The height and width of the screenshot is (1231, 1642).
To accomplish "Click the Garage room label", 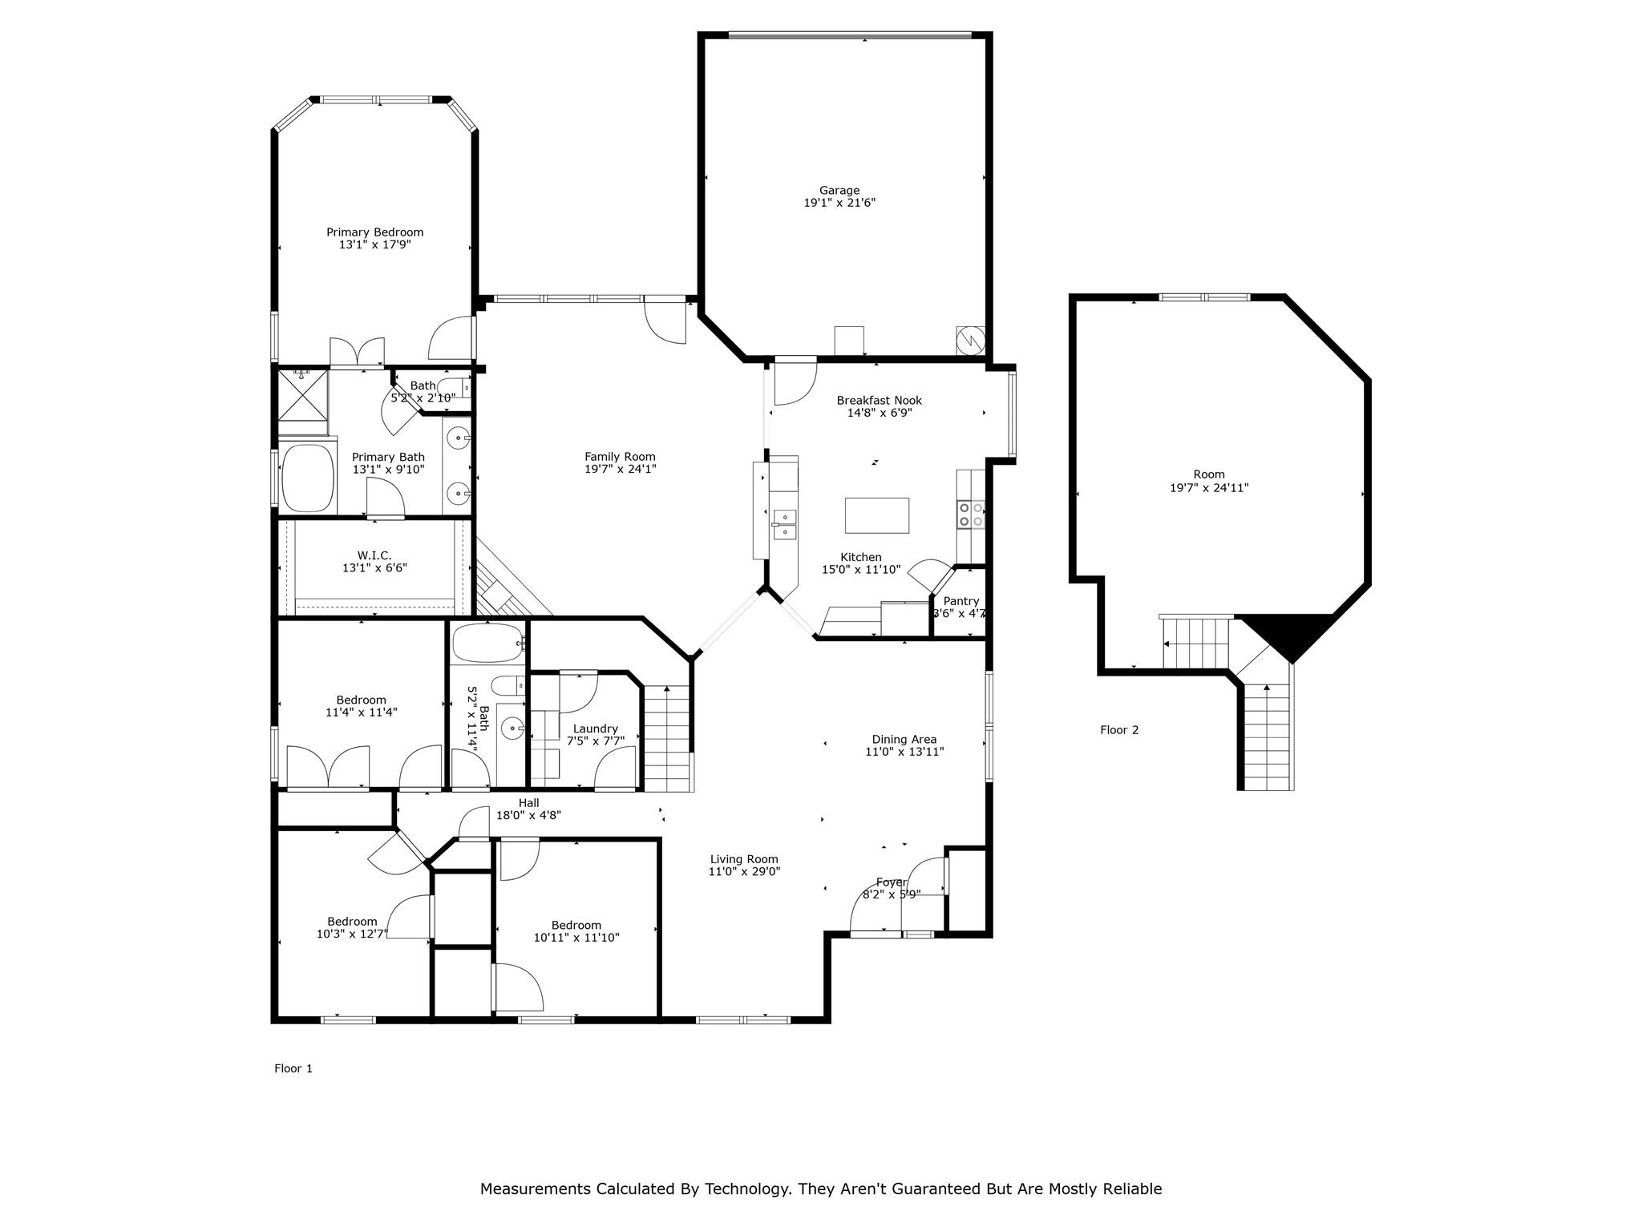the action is [839, 191].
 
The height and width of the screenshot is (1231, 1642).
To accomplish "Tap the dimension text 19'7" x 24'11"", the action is [1209, 487].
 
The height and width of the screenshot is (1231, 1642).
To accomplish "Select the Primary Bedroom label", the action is [374, 232].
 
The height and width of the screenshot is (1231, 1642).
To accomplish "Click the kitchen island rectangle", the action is [877, 515].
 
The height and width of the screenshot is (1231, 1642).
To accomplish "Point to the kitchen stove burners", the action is [971, 514].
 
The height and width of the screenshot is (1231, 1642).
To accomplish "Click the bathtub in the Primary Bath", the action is [308, 478].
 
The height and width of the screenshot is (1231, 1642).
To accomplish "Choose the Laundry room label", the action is [596, 729].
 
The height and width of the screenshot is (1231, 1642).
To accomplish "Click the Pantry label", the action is [961, 601].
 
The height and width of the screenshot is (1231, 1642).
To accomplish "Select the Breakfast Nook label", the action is [880, 401].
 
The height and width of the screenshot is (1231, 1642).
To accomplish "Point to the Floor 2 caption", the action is [1119, 730].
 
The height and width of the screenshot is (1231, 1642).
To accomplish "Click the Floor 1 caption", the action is [293, 1068].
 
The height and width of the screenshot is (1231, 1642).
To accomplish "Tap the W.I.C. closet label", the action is [374, 555].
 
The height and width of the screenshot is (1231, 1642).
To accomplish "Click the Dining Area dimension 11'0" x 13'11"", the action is [904, 752].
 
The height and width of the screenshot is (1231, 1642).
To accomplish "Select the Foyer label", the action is [892, 882].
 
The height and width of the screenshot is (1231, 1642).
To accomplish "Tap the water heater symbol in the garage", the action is [970, 340].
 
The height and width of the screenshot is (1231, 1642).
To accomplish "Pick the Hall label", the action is [528, 803].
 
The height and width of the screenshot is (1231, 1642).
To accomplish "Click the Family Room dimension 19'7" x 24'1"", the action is [620, 470].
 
